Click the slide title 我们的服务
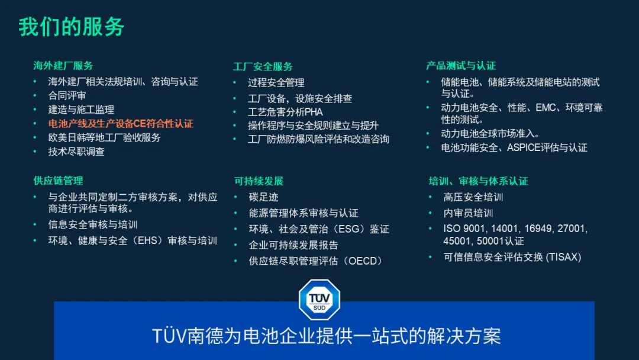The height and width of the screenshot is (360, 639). [x=72, y=27]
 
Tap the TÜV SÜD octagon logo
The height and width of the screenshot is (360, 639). [x=319, y=300]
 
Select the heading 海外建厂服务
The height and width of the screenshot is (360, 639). [x=63, y=66]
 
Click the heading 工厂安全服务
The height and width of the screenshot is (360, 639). [x=263, y=66]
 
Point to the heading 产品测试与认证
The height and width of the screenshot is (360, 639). [x=461, y=66]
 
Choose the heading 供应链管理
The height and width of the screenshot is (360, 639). [x=58, y=181]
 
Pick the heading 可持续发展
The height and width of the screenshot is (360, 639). [x=259, y=181]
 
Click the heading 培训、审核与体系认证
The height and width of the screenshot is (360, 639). [x=479, y=181]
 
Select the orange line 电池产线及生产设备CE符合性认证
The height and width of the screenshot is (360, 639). [x=121, y=124]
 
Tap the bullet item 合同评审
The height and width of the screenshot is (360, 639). [x=67, y=96]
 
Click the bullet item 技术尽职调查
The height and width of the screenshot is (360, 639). [x=76, y=152]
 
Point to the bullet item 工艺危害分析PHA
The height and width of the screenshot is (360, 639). [x=285, y=112]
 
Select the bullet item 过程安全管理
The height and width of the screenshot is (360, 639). [x=276, y=83]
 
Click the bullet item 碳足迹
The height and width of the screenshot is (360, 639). [x=264, y=197]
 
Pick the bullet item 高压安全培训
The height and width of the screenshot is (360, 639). [x=473, y=197]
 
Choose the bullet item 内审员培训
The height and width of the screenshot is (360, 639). [x=468, y=213]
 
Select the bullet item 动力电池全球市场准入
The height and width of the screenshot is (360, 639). [x=490, y=134]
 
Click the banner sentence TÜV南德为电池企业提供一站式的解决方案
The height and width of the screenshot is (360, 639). [x=327, y=336]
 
